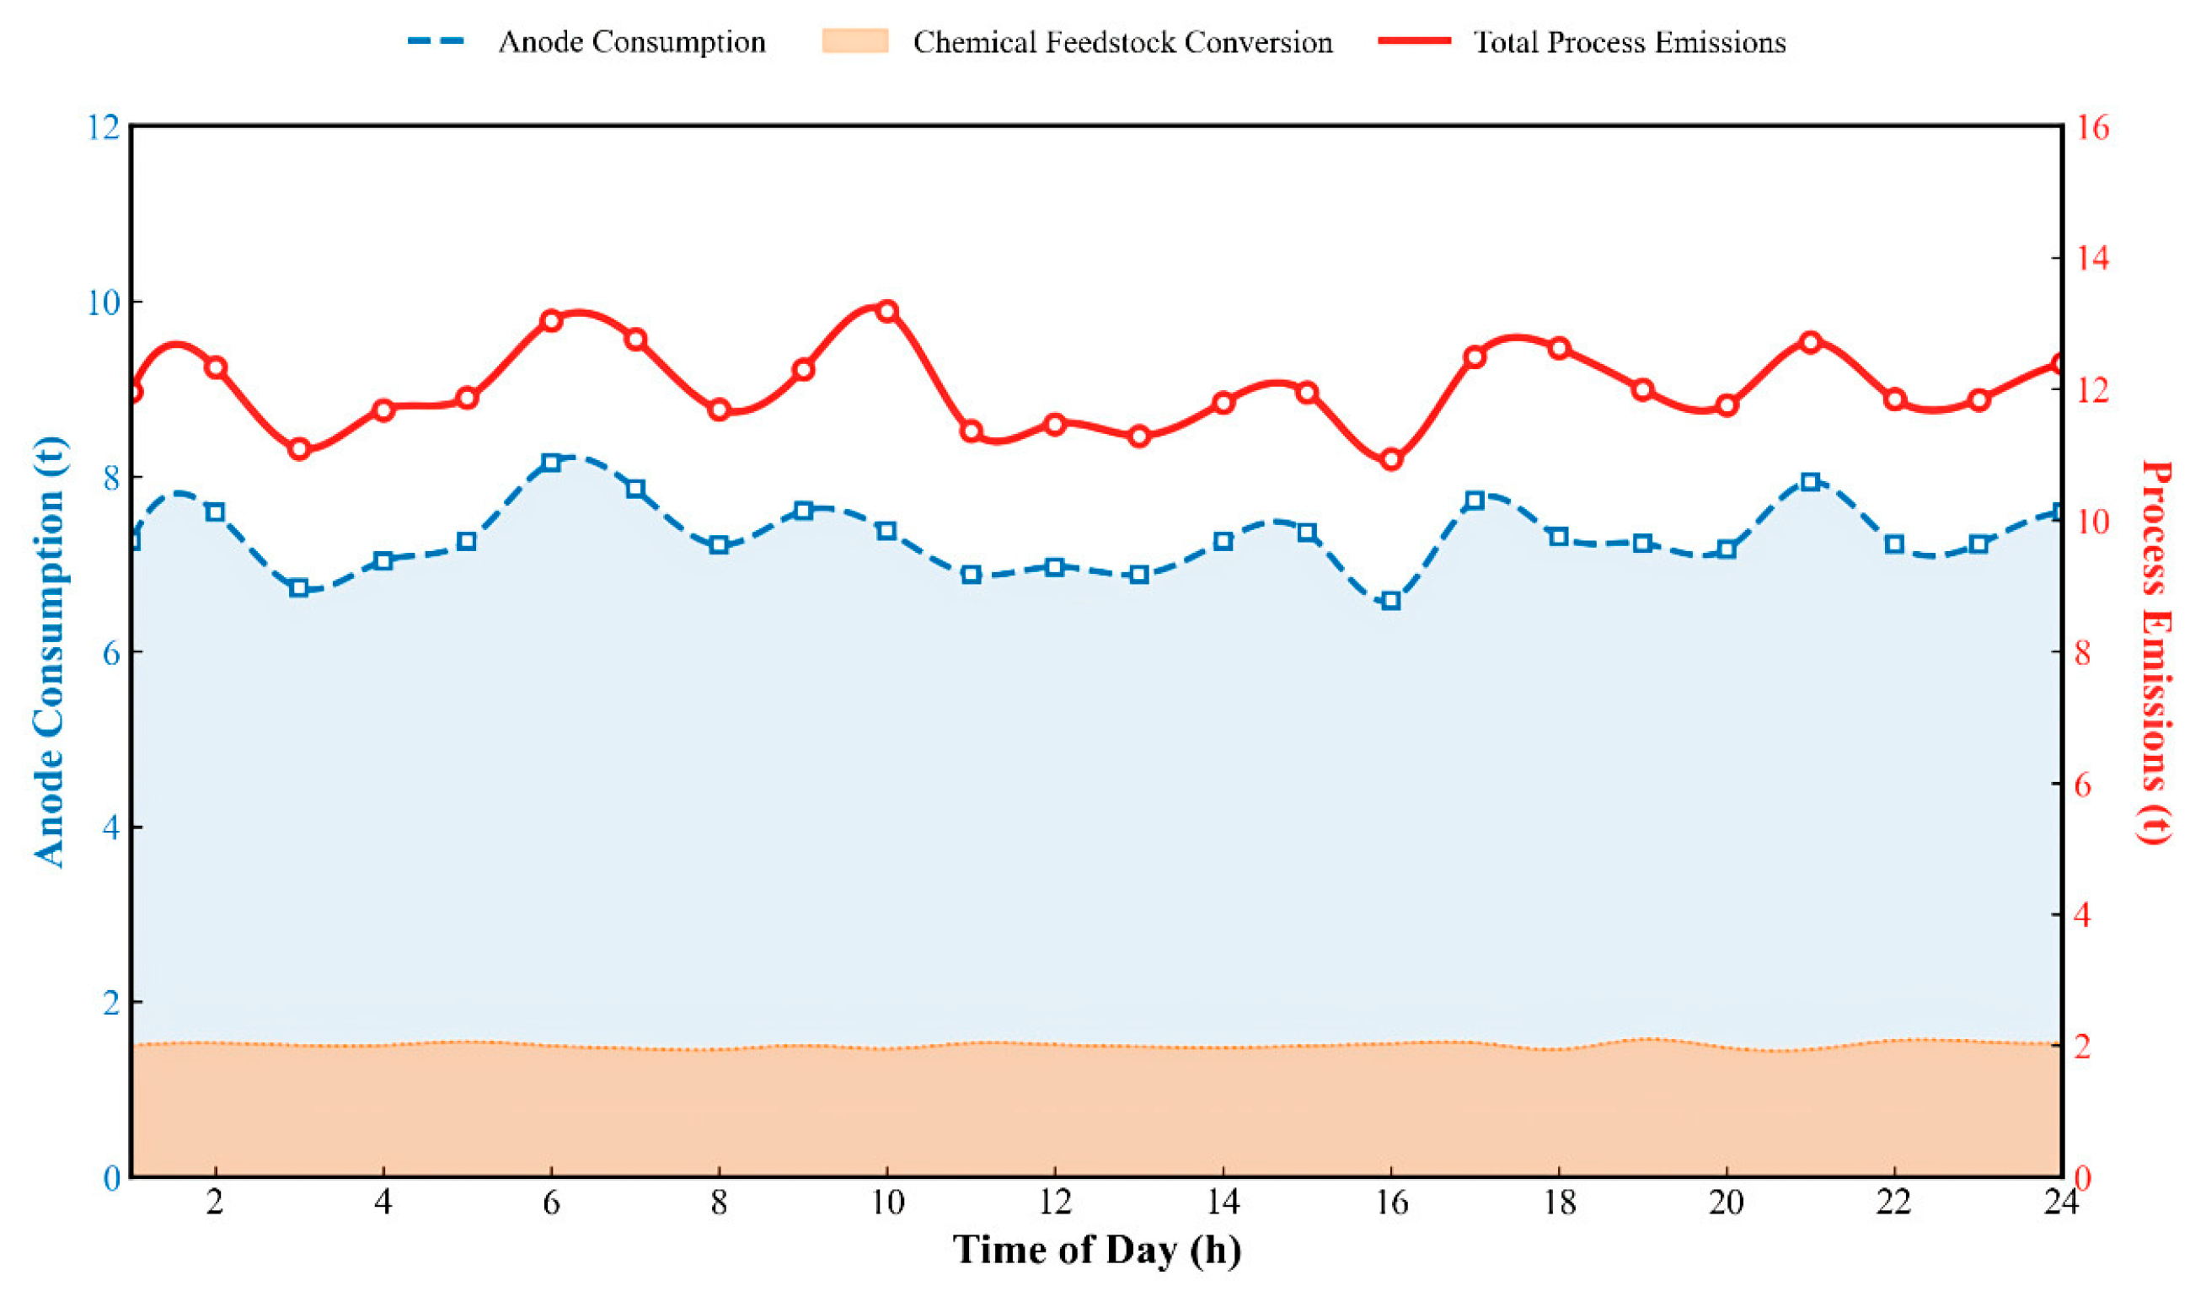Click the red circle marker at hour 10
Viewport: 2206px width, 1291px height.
(886, 311)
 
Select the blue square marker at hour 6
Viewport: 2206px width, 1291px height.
(550, 462)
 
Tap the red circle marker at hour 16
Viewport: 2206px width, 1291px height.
(1391, 459)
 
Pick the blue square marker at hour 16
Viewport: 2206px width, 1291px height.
(1391, 601)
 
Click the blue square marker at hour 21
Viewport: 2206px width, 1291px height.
(1810, 481)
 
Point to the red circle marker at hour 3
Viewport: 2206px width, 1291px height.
(299, 449)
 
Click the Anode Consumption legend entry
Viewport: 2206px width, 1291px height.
(631, 42)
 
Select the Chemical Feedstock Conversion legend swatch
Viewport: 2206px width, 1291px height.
(854, 42)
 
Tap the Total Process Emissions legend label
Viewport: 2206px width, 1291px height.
(1629, 42)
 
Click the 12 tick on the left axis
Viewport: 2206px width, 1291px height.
(103, 128)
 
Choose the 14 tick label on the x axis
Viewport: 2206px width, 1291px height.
(1223, 1203)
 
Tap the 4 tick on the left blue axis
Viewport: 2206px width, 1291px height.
(111, 828)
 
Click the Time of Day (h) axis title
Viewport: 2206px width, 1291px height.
(1096, 1250)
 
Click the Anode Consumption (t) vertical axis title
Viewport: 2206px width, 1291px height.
(50, 652)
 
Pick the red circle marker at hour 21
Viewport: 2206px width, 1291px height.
(1810, 341)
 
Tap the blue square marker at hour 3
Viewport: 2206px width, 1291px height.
(299, 588)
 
